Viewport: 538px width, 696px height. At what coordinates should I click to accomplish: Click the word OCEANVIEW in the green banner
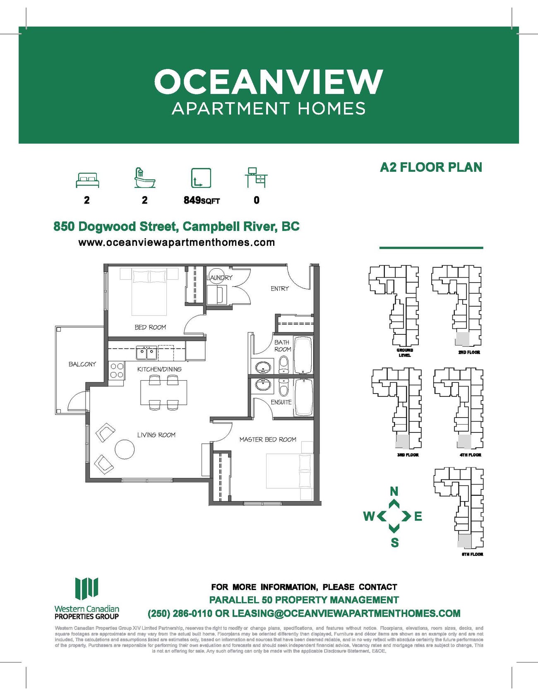pos(269,82)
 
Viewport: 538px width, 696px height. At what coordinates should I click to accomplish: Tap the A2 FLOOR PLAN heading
pos(431,167)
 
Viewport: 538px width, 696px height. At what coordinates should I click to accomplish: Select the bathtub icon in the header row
pos(144,178)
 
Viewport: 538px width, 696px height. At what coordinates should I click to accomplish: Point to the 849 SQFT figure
pos(202,200)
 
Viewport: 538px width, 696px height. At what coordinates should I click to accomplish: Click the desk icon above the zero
pos(256,178)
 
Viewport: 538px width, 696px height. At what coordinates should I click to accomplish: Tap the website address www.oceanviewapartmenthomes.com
pos(177,242)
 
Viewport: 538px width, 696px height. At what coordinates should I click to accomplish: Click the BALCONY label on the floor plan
pos(82,364)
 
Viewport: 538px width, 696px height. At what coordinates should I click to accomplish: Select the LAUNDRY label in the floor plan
pos(220,278)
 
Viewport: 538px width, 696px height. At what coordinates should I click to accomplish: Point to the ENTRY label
pos(280,288)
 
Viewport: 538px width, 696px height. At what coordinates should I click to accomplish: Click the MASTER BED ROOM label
pos(268,439)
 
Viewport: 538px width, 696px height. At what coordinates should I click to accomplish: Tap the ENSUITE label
pos(281,402)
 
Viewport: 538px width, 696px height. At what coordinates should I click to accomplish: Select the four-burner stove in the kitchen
pos(117,370)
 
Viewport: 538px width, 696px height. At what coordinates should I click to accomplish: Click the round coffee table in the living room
pos(125,449)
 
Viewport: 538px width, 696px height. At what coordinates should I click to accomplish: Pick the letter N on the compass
pos(394,491)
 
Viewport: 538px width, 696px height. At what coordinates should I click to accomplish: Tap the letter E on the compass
pos(418,516)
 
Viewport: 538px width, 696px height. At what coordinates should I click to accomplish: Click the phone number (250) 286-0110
pos(180,613)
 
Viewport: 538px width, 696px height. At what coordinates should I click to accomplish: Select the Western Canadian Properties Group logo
pos(87,598)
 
